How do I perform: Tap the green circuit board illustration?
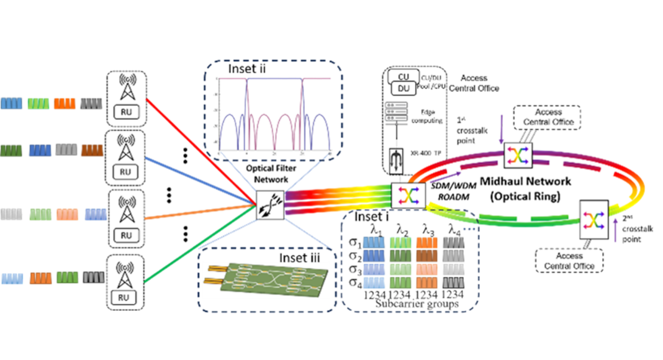264,284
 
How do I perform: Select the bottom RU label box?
126,297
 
